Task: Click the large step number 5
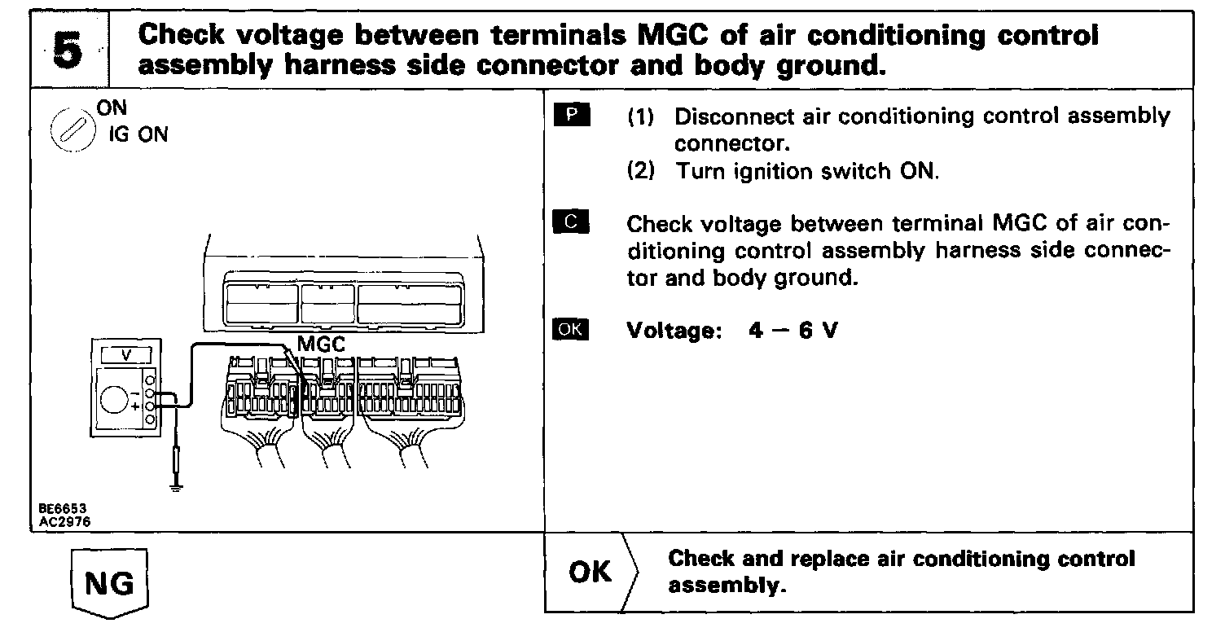tap(69, 49)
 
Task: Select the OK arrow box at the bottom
tap(591, 573)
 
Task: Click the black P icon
tap(574, 116)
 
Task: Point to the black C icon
tap(574, 223)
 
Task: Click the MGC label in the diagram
tap(321, 345)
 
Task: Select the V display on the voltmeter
tap(125, 355)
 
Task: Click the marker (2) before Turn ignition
tap(641, 173)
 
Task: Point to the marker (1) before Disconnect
tap(641, 116)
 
